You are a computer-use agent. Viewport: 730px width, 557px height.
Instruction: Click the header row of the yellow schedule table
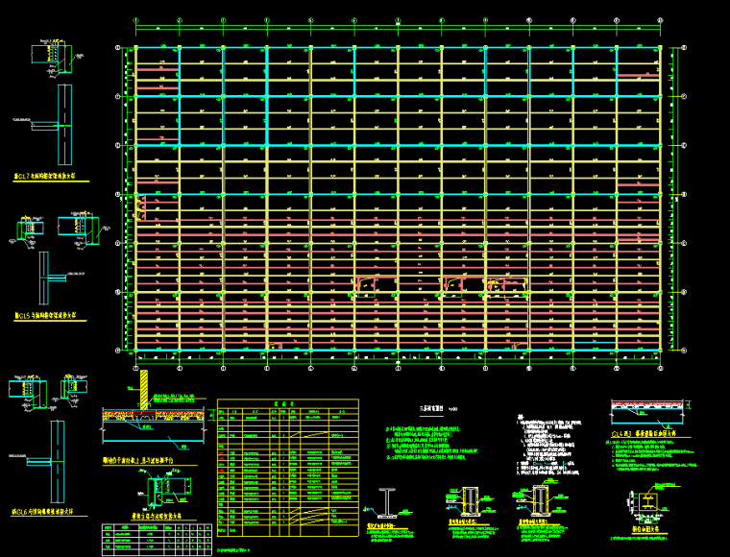pos(287,403)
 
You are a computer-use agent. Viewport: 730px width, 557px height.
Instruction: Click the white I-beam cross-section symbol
pos(387,500)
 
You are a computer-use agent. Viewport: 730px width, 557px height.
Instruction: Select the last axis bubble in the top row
pos(661,20)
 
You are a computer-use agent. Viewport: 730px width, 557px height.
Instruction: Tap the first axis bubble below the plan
pos(135,366)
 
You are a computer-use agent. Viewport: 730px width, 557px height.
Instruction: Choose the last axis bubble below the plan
pos(661,366)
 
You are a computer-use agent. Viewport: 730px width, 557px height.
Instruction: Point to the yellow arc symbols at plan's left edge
pos(141,204)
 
